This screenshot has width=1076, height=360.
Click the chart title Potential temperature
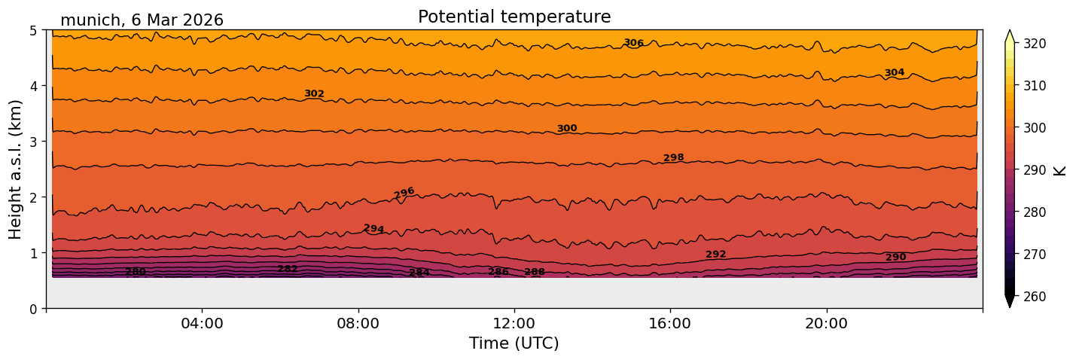tap(514, 17)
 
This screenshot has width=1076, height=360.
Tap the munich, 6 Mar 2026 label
tap(142, 20)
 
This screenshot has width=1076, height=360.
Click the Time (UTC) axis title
tap(514, 343)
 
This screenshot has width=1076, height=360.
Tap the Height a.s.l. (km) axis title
tap(16, 169)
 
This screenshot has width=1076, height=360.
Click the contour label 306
tap(633, 43)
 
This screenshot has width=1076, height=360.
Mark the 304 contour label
tap(895, 72)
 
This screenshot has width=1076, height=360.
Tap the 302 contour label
tap(314, 93)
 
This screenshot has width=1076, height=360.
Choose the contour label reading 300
tap(566, 128)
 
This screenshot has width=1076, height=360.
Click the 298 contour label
tap(673, 157)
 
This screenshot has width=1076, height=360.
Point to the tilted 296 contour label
tap(404, 193)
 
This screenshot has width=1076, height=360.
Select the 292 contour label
tap(715, 254)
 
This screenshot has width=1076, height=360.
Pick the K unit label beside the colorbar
tap(1060, 170)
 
